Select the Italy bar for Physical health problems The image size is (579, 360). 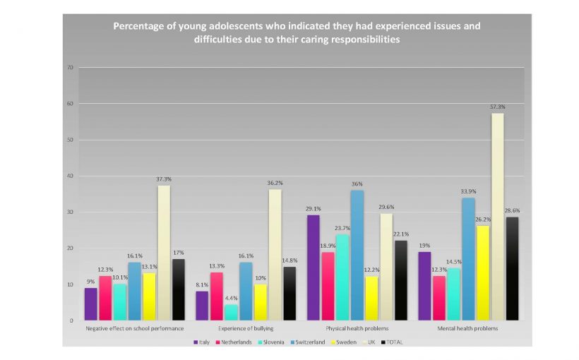tap(314, 268)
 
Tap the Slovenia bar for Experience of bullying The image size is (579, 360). tap(231, 312)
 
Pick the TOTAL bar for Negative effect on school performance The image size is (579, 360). tap(179, 289)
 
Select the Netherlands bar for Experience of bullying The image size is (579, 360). tap(216, 296)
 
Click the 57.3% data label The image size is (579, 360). tap(498, 107)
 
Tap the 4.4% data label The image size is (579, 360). tap(231, 299)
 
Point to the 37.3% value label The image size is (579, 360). tap(164, 179)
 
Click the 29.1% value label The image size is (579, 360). tap(314, 209)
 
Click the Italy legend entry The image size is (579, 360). tap(201, 342)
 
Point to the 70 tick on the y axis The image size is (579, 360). tap(70, 68)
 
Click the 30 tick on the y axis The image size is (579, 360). tap(70, 212)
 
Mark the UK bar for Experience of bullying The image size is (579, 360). tap(275, 255)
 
